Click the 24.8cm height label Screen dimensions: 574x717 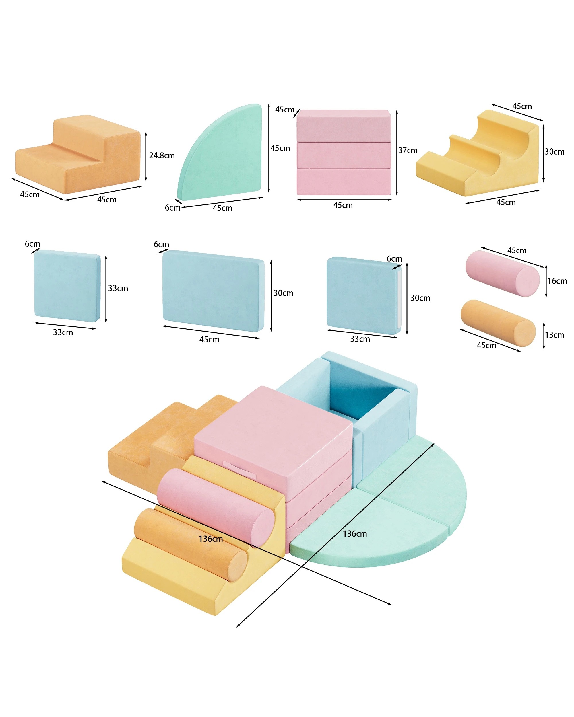tap(162, 156)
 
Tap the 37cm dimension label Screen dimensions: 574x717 tap(408, 150)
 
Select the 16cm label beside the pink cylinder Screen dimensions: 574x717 tap(557, 281)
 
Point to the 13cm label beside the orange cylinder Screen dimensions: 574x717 tap(554, 335)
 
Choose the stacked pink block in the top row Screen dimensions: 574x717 tap(344, 152)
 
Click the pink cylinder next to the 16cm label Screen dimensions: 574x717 tap(502, 274)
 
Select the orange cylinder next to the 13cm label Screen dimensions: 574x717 tap(498, 323)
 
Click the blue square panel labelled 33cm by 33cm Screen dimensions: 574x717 tap(67, 286)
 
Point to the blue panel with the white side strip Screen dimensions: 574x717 tap(364, 295)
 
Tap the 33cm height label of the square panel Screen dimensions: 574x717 tap(118, 288)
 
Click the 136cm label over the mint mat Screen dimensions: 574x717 tap(355, 534)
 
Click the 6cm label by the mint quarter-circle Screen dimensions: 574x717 tap(172, 208)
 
